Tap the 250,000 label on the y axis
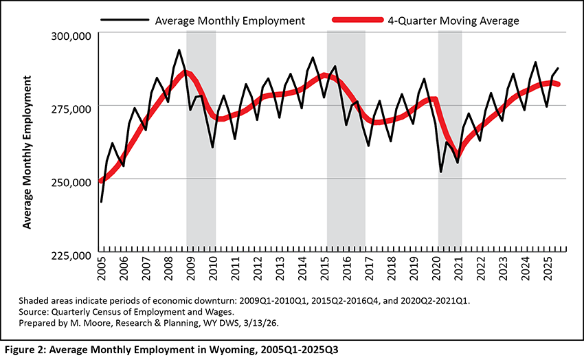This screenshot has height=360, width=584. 72,182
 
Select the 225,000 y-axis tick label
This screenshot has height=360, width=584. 72,255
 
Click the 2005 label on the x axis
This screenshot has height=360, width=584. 102,270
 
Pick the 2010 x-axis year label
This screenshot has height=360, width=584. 214,270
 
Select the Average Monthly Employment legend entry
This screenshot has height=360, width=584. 230,21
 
